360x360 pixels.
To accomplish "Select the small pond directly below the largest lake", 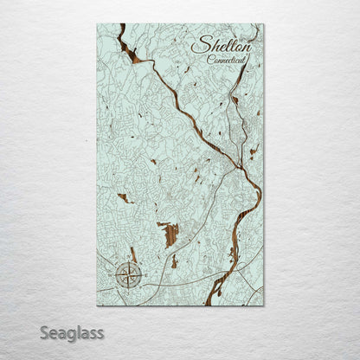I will [x=174, y=261].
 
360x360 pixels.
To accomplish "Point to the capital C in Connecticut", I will [x=210, y=59].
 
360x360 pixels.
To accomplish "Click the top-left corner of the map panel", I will [x=97, y=23].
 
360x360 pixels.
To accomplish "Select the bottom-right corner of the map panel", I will [x=264, y=305].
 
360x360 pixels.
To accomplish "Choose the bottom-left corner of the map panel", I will [x=97, y=305].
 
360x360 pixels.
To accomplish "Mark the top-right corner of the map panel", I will [x=264, y=23].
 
